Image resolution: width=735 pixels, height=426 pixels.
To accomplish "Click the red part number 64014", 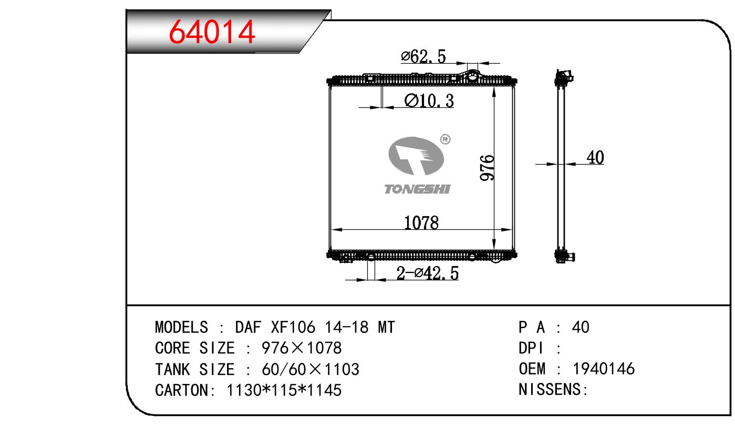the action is point(212,32).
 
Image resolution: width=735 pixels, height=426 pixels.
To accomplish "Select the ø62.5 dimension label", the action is point(423,56).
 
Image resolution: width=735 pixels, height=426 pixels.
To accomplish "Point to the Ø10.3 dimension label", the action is point(429,100).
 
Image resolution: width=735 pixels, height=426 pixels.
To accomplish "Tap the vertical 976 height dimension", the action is point(487,168).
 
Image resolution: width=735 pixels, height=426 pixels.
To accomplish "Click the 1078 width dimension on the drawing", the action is point(421,222).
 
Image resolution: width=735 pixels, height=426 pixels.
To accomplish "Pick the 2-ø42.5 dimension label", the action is point(428,273).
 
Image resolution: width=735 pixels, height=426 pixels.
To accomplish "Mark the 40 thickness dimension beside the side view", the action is point(595,157).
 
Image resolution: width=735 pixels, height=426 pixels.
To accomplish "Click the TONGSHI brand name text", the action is point(417,189).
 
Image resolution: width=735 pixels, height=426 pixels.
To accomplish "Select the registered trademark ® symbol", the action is point(446,139).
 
